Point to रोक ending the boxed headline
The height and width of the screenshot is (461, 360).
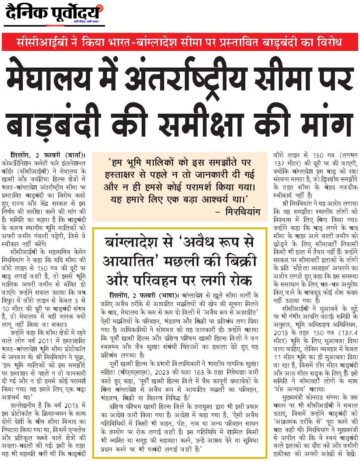[240, 281]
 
